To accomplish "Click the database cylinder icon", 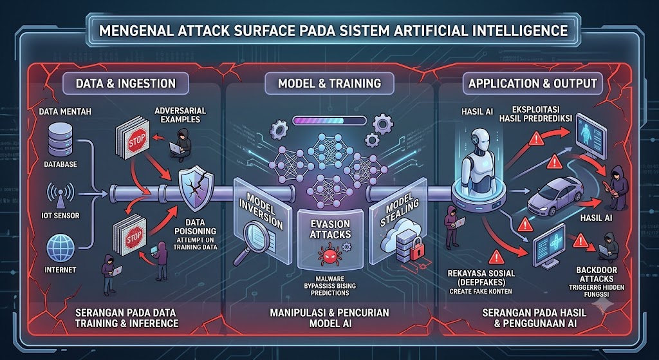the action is coord(60,140).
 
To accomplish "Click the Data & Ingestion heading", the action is coord(125,83).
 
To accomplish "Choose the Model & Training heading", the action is coord(329,83).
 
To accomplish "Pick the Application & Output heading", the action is coord(532,83).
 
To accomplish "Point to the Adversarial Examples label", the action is coord(180,115).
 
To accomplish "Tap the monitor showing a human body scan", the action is coord(591,135).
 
